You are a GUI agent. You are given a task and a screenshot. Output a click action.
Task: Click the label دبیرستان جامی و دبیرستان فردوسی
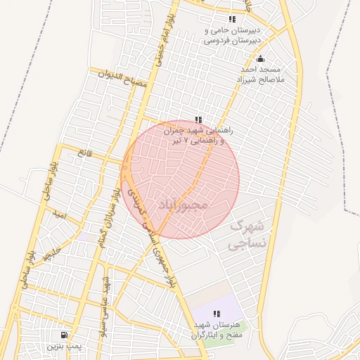coord(232,36)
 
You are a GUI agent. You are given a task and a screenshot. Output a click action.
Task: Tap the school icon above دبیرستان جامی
coord(232,19)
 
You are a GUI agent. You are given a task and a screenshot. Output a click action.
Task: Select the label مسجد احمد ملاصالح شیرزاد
coord(260,76)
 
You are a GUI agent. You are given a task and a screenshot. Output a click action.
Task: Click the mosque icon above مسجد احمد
coord(260,59)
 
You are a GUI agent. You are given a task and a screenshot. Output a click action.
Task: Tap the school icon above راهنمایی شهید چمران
coord(199,120)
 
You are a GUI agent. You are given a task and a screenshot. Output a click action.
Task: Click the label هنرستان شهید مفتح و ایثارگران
coord(217,330)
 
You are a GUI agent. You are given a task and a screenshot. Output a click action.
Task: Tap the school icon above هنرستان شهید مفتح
coord(217,314)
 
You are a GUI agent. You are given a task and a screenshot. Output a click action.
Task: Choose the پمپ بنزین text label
coord(65,347)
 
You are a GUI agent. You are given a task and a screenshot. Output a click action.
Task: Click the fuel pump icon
coord(65,335)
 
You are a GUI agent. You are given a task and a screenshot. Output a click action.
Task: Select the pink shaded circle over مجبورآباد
coord(211,162)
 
